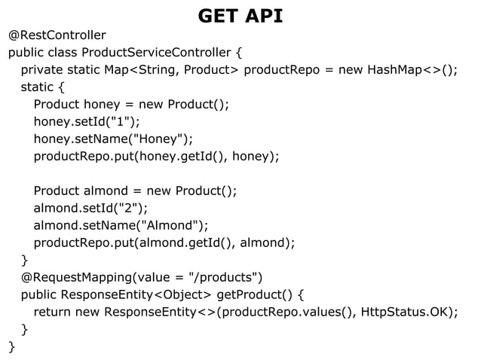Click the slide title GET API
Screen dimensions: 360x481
240,15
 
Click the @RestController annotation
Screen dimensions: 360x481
57,35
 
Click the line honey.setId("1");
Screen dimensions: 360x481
87,122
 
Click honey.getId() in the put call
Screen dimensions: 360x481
191,157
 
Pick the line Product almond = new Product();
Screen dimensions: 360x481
135,191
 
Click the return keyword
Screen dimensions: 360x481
52,312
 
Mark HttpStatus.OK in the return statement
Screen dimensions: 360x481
406,312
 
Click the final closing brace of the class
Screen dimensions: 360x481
11,346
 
